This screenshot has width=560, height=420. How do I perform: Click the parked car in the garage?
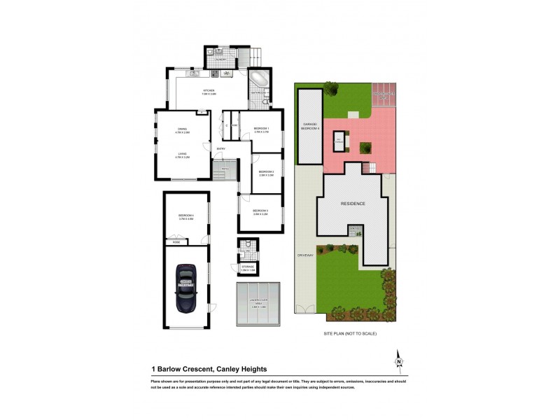pos(186,288)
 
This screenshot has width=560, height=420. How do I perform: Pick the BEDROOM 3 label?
pos(260,211)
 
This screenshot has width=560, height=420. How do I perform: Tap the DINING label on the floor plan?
pos(183,130)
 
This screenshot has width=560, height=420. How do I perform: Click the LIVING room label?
pos(183,156)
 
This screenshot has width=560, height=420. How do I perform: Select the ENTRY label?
pos(221,149)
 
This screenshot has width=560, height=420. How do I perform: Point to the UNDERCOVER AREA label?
pos(258,302)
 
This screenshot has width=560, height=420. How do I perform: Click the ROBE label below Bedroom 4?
pos(178,241)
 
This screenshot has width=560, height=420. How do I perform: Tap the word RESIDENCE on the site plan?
pos(353,203)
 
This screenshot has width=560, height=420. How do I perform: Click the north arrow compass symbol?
pos(399,359)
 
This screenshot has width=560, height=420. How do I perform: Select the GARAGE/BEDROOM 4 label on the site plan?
pos(310,127)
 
